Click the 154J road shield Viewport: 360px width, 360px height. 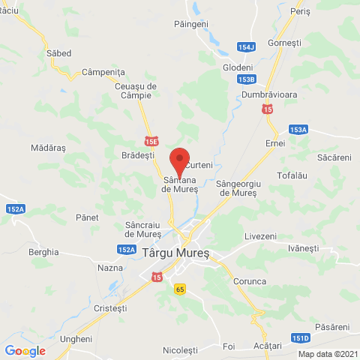246,46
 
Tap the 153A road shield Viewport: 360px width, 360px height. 298,130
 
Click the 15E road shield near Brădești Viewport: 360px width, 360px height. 153,140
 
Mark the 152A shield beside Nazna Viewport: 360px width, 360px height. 126,250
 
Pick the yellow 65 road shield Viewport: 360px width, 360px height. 180,288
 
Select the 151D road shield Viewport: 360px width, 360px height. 301,338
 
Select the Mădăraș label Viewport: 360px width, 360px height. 49,148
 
